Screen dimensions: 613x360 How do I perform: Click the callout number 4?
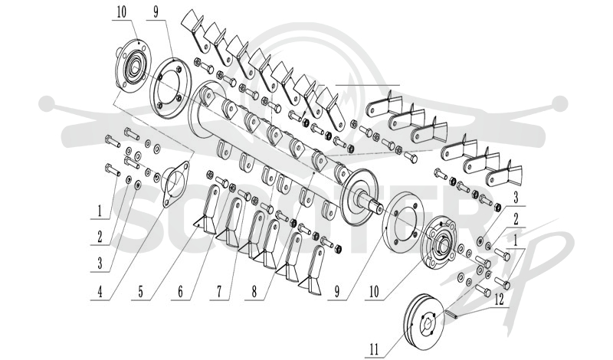click(100, 292)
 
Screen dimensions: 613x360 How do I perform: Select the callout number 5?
click(141, 292)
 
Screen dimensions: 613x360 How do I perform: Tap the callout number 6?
click(180, 292)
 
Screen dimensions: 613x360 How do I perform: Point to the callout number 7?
click(219, 292)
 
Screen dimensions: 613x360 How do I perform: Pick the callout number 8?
click(254, 292)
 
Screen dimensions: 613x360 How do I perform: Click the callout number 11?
click(374, 349)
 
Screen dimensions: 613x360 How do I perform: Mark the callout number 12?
click(499, 299)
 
